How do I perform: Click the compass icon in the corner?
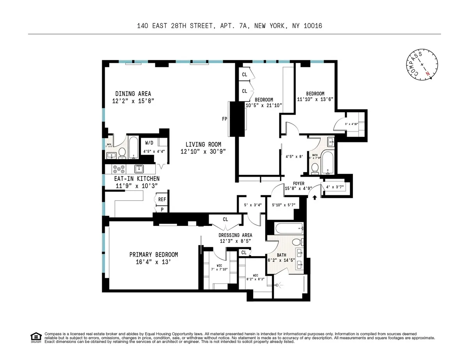(422, 67)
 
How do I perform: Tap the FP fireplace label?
(225, 119)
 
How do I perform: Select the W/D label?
(149, 142)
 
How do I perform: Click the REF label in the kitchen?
(161, 199)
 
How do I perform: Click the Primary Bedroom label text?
(153, 255)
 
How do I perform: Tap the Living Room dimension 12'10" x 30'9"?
(203, 151)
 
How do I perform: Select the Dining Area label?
(133, 94)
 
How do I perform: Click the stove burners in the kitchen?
(119, 169)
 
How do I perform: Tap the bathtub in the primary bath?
(285, 227)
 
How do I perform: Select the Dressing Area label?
(235, 235)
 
